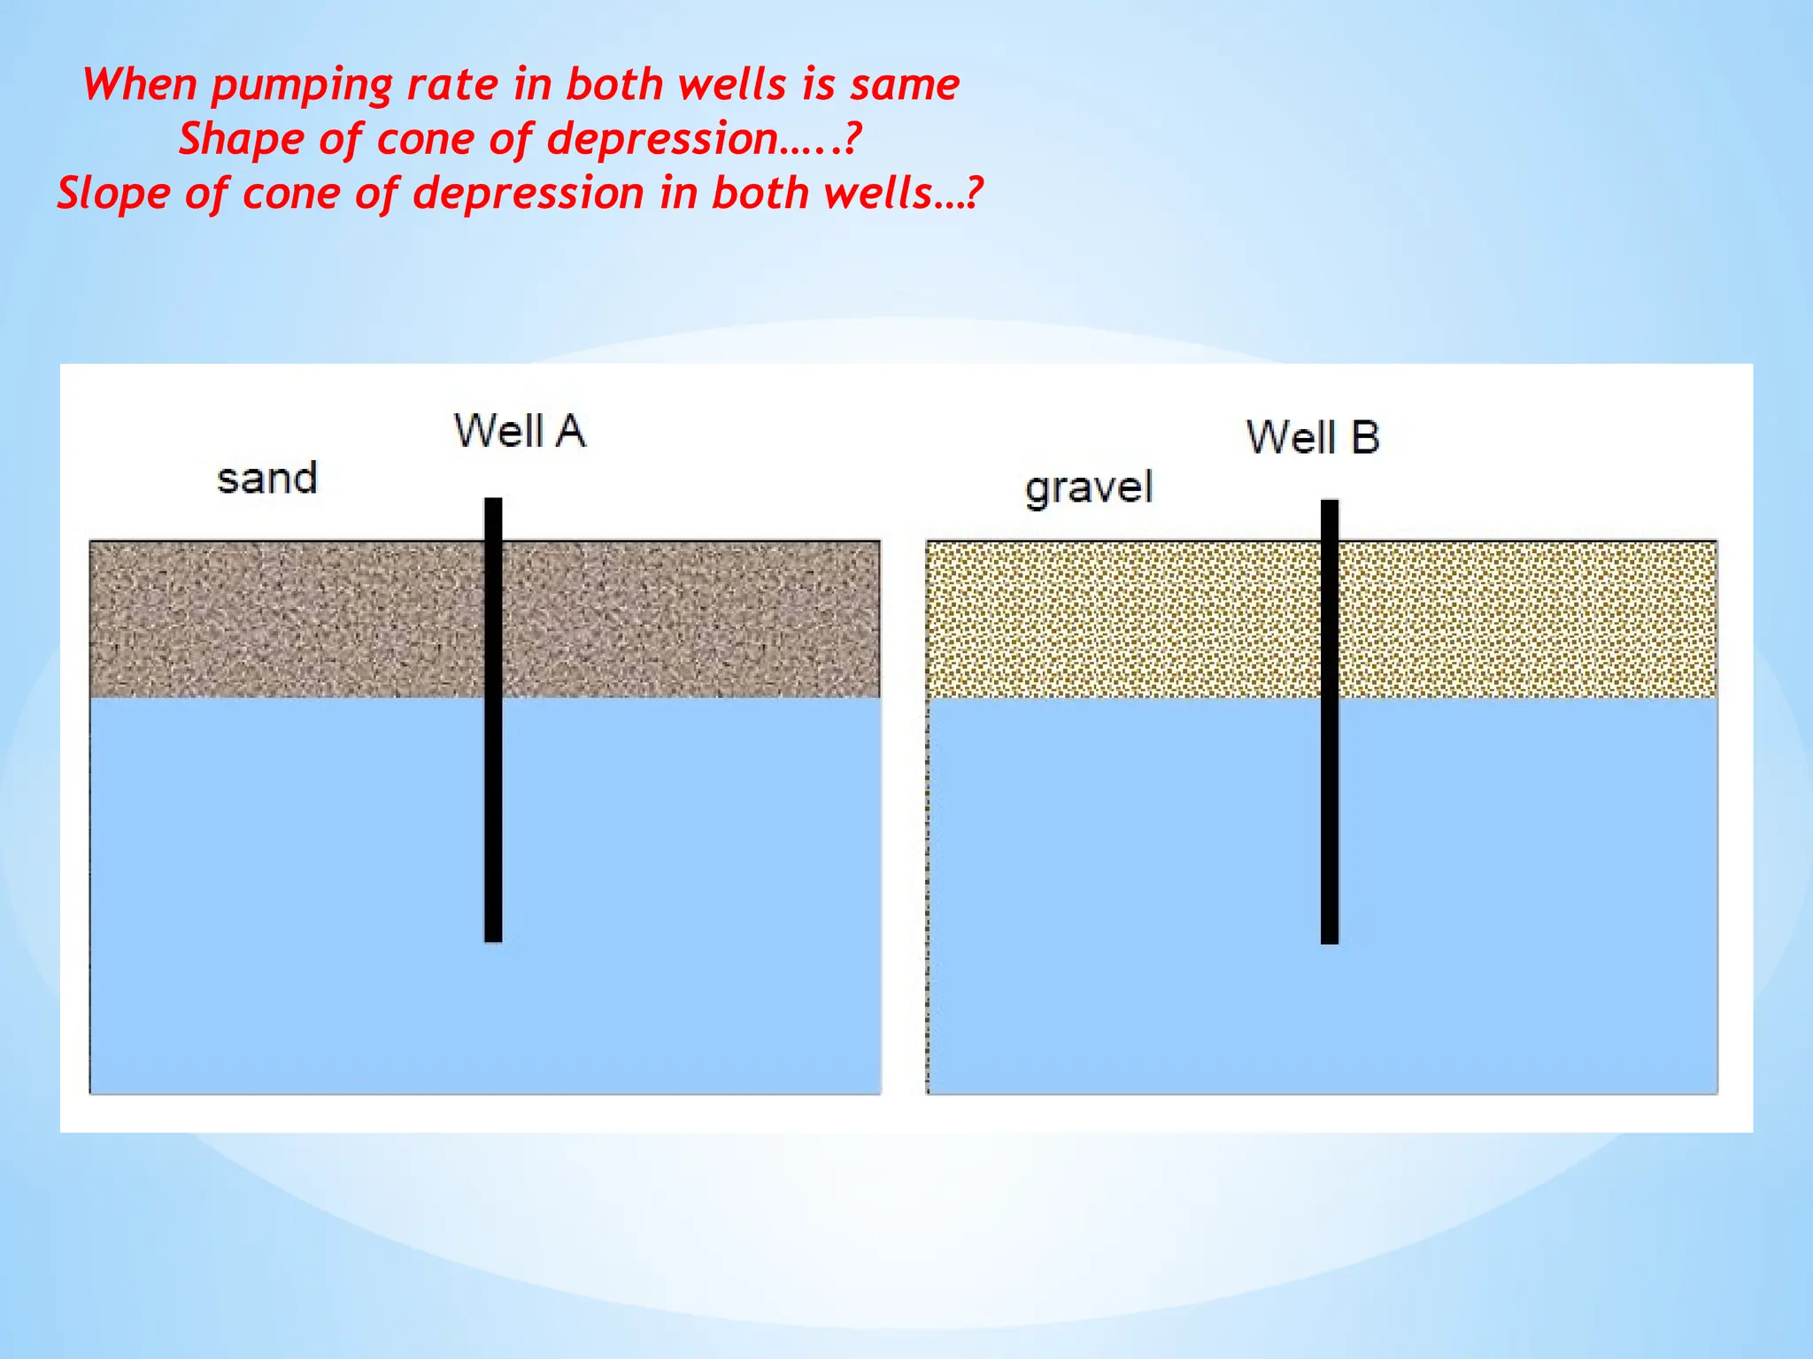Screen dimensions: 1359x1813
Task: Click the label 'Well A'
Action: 520,432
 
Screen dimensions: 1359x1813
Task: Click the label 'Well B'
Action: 1313,438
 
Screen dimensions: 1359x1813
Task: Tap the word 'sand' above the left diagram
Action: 266,479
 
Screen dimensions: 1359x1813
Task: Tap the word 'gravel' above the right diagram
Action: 1089,488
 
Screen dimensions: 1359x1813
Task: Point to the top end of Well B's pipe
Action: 1330,506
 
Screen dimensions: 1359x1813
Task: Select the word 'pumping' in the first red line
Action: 302,86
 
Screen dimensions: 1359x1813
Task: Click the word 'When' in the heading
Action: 140,85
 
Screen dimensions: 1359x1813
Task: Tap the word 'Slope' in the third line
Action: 113,194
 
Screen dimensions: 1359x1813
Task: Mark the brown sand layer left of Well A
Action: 283,619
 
